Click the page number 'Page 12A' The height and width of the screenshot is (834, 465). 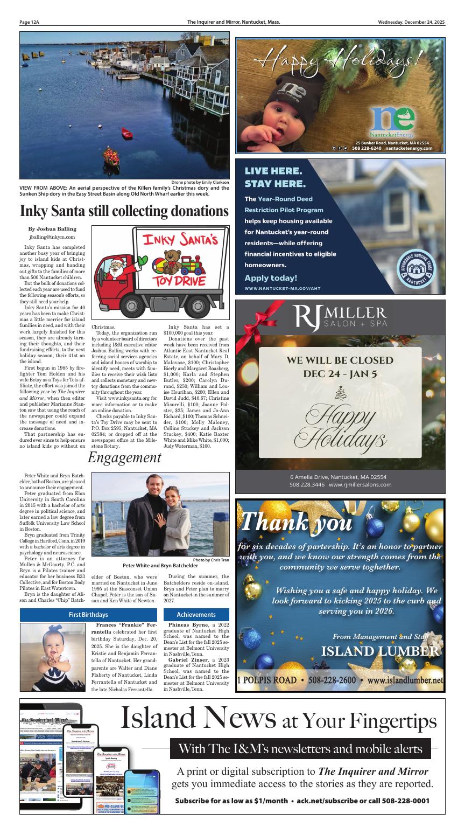coord(30,22)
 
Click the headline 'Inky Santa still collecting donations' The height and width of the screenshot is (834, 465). coord(124,211)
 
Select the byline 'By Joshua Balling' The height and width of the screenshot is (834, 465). coord(52,228)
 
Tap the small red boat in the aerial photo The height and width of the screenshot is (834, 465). coord(126,133)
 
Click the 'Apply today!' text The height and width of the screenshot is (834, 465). coord(271,278)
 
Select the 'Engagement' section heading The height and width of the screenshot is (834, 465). coord(124,457)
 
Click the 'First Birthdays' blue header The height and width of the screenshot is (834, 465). coord(88,614)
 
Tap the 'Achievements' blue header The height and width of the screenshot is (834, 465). coord(196,614)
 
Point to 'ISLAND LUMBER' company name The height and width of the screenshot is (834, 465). coord(380,651)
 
